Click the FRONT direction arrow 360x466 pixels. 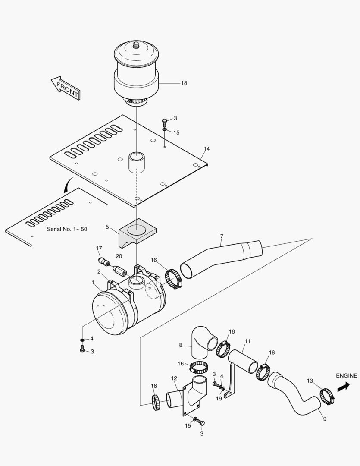66,88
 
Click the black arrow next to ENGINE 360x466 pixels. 343,387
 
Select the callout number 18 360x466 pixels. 184,83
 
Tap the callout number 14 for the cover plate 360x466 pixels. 207,149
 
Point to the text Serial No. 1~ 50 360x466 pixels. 67,229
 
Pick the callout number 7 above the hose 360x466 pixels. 222,236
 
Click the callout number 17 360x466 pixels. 99,248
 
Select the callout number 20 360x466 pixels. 119,256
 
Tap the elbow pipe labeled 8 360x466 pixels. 203,342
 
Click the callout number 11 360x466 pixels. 247,341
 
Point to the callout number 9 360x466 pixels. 325,419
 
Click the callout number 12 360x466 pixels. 174,378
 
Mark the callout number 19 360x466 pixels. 219,399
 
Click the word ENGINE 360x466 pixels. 347,376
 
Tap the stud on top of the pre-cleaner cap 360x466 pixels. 136,45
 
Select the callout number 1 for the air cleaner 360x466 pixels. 93,282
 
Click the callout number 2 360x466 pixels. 99,272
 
